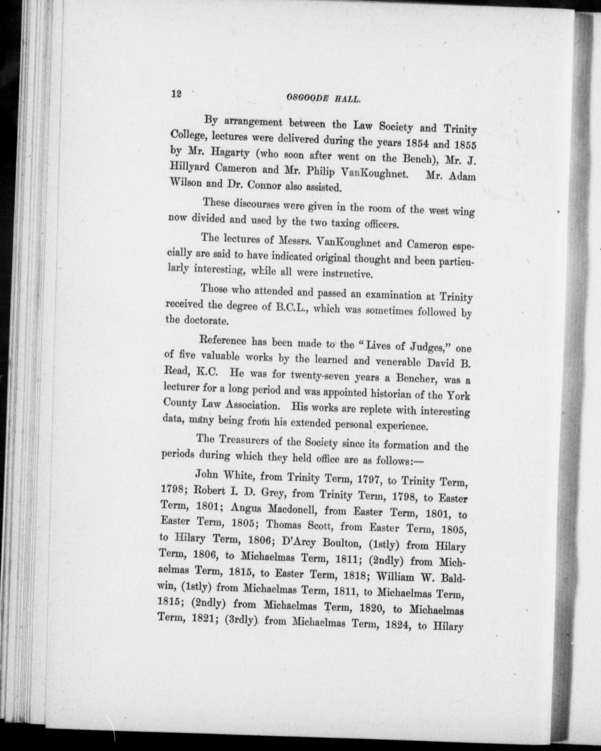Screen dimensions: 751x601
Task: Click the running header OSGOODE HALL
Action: click(x=323, y=99)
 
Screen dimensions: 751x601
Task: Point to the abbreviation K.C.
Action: click(x=207, y=372)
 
